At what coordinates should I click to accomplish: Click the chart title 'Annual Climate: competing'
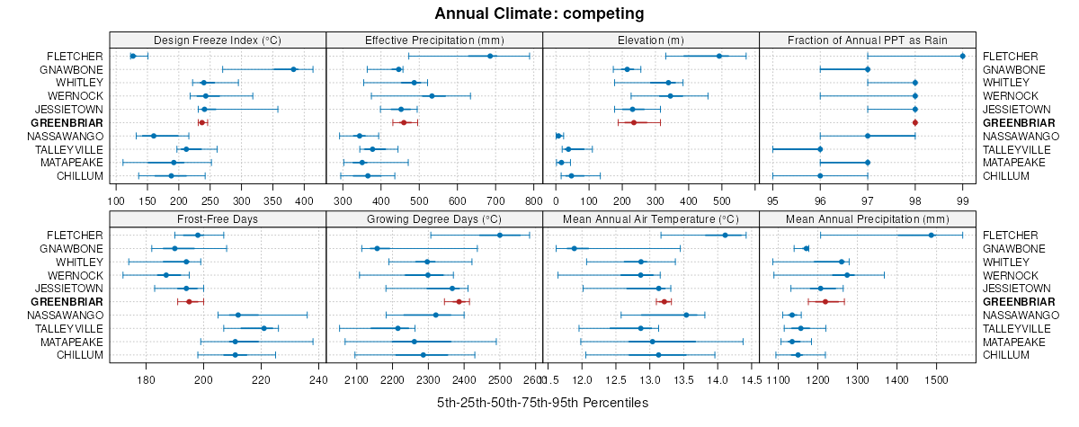pyautogui.click(x=539, y=13)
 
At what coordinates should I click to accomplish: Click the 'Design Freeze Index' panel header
pyautogui.click(x=218, y=40)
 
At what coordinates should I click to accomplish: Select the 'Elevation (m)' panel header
pyautogui.click(x=651, y=40)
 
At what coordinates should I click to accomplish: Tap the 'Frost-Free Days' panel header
pyautogui.click(x=218, y=218)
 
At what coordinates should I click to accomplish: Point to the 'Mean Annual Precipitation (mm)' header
pyautogui.click(x=868, y=218)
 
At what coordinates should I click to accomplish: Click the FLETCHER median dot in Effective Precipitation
pyautogui.click(x=490, y=56)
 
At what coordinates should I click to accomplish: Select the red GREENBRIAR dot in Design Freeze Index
pyautogui.click(x=201, y=122)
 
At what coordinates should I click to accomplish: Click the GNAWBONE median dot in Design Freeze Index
pyautogui.click(x=293, y=69)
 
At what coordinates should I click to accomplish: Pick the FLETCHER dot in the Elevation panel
pyautogui.click(x=718, y=56)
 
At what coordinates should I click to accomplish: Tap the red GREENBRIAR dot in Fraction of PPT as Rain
pyautogui.click(x=915, y=122)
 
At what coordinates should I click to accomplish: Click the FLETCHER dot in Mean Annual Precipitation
pyautogui.click(x=931, y=235)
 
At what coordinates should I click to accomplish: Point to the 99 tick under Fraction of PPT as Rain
pyautogui.click(x=962, y=201)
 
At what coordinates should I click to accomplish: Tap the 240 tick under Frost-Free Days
pyautogui.click(x=318, y=380)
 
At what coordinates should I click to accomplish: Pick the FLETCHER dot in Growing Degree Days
pyautogui.click(x=500, y=235)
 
